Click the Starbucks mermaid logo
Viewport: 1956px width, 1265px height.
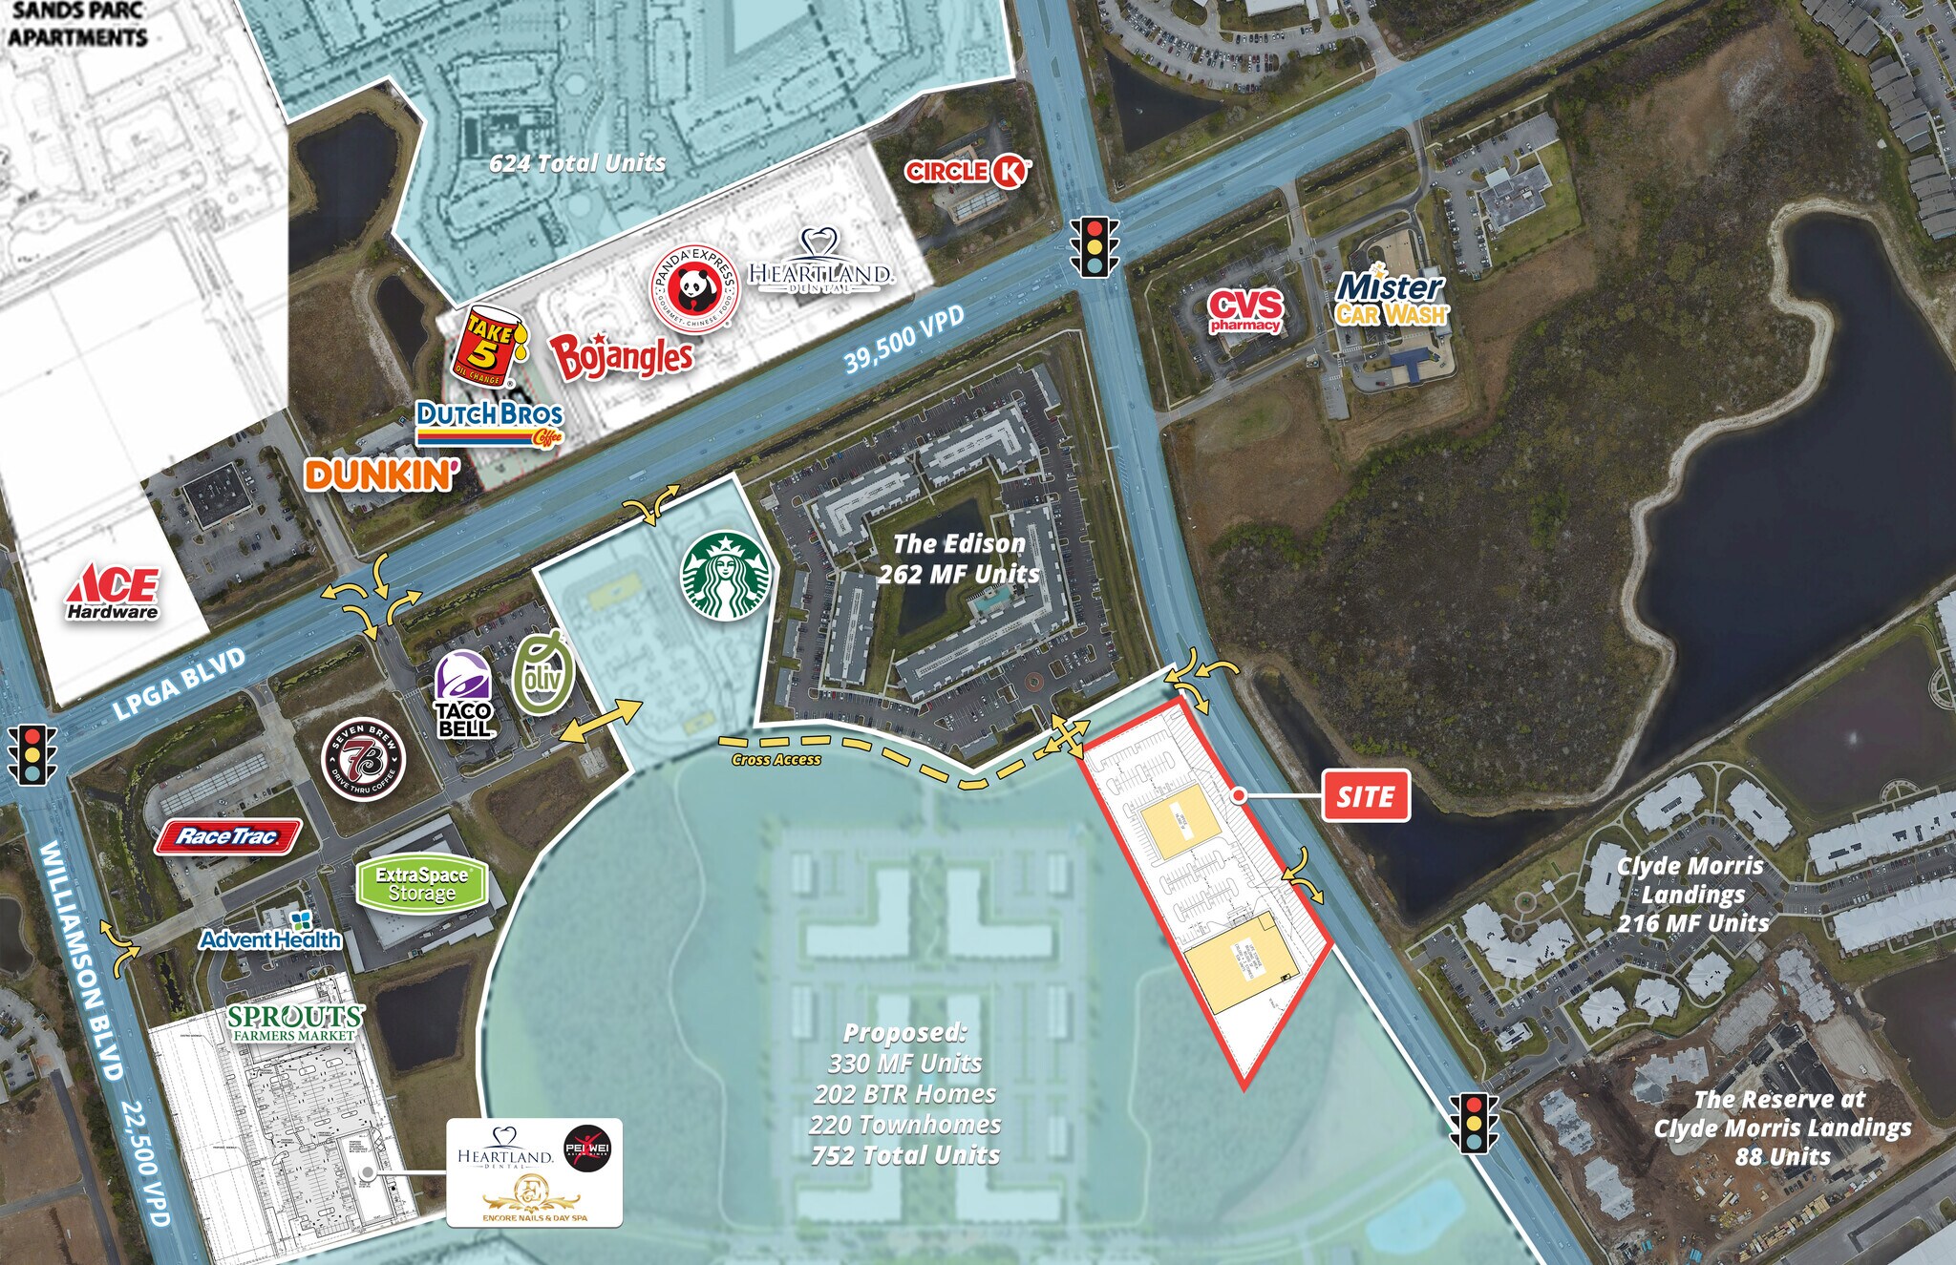725,576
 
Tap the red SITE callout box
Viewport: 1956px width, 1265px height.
1366,795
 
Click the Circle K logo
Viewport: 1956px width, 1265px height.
967,171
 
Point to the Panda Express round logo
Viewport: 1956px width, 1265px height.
694,285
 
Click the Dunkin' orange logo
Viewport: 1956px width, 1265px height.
381,474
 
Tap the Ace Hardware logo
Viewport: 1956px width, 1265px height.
113,592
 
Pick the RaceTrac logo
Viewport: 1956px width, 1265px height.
228,837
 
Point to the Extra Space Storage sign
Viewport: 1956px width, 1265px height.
421,883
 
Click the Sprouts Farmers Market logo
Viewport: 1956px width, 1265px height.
295,1023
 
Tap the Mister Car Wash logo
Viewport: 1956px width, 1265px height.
1391,297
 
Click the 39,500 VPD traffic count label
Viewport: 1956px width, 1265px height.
904,340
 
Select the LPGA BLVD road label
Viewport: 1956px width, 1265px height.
180,684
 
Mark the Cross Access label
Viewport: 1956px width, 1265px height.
776,760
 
